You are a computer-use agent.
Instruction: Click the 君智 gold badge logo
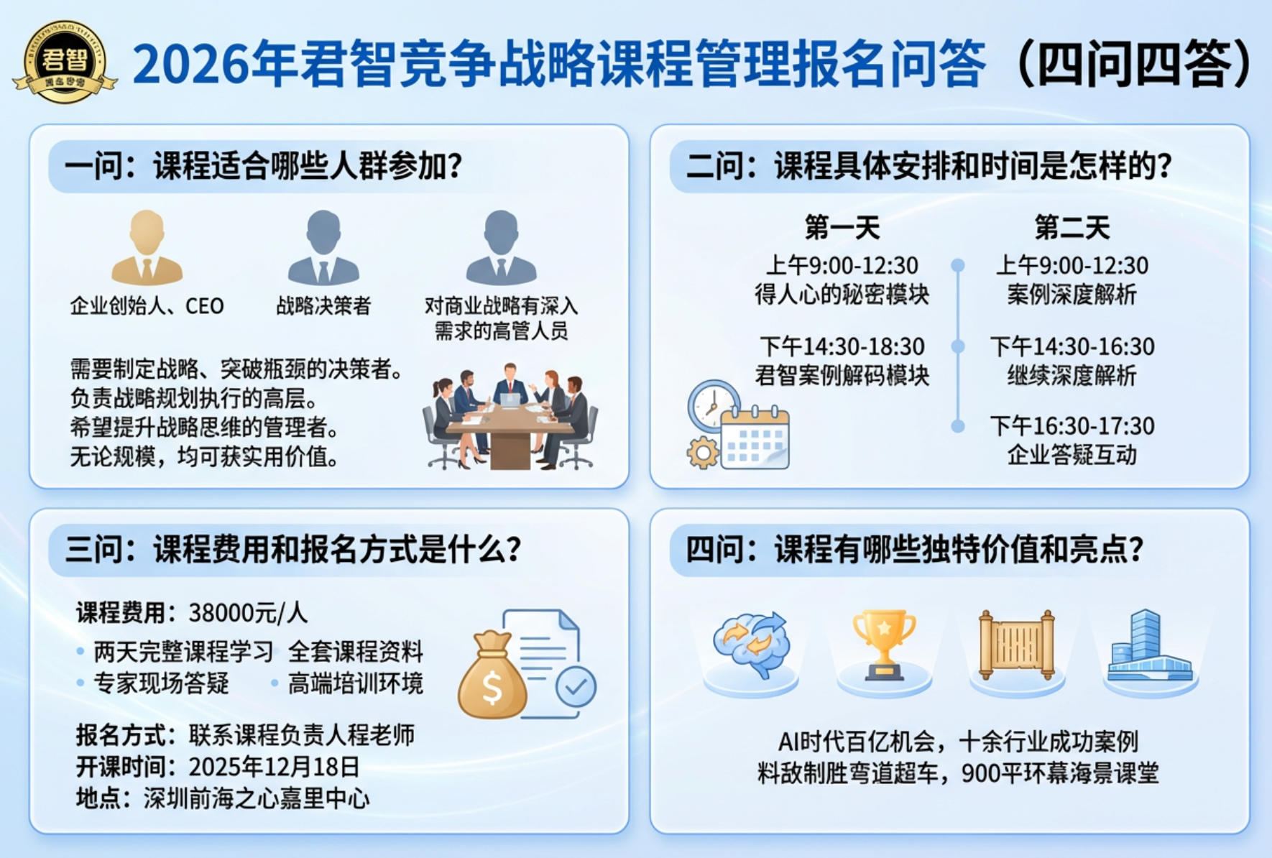point(65,62)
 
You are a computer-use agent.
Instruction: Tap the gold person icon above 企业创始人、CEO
point(147,247)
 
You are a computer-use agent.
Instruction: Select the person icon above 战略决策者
point(323,247)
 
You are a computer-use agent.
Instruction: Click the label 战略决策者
point(323,306)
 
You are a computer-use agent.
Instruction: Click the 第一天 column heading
point(842,228)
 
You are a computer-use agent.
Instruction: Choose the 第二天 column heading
point(1071,228)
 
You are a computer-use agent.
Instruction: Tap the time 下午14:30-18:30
point(842,347)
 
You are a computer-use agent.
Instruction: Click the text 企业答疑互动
point(1071,455)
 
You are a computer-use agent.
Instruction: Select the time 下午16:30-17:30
point(1071,426)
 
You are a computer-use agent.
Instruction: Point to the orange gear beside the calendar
point(702,453)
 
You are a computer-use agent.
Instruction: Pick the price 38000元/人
point(248,613)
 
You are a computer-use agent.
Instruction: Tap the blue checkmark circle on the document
point(576,687)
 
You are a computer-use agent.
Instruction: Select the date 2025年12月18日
point(274,767)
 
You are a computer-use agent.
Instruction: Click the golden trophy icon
point(884,644)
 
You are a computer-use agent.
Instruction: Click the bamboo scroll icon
point(1016,644)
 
